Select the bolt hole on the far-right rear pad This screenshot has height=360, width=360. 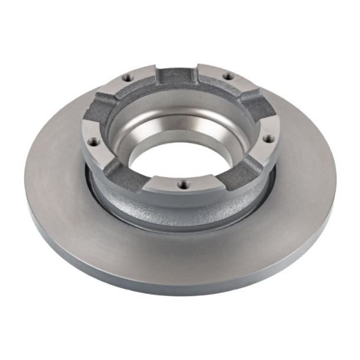[225, 76]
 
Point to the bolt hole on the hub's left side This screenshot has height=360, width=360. [92, 142]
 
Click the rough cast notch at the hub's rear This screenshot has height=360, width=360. [175, 75]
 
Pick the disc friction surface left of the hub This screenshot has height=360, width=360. [53, 177]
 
